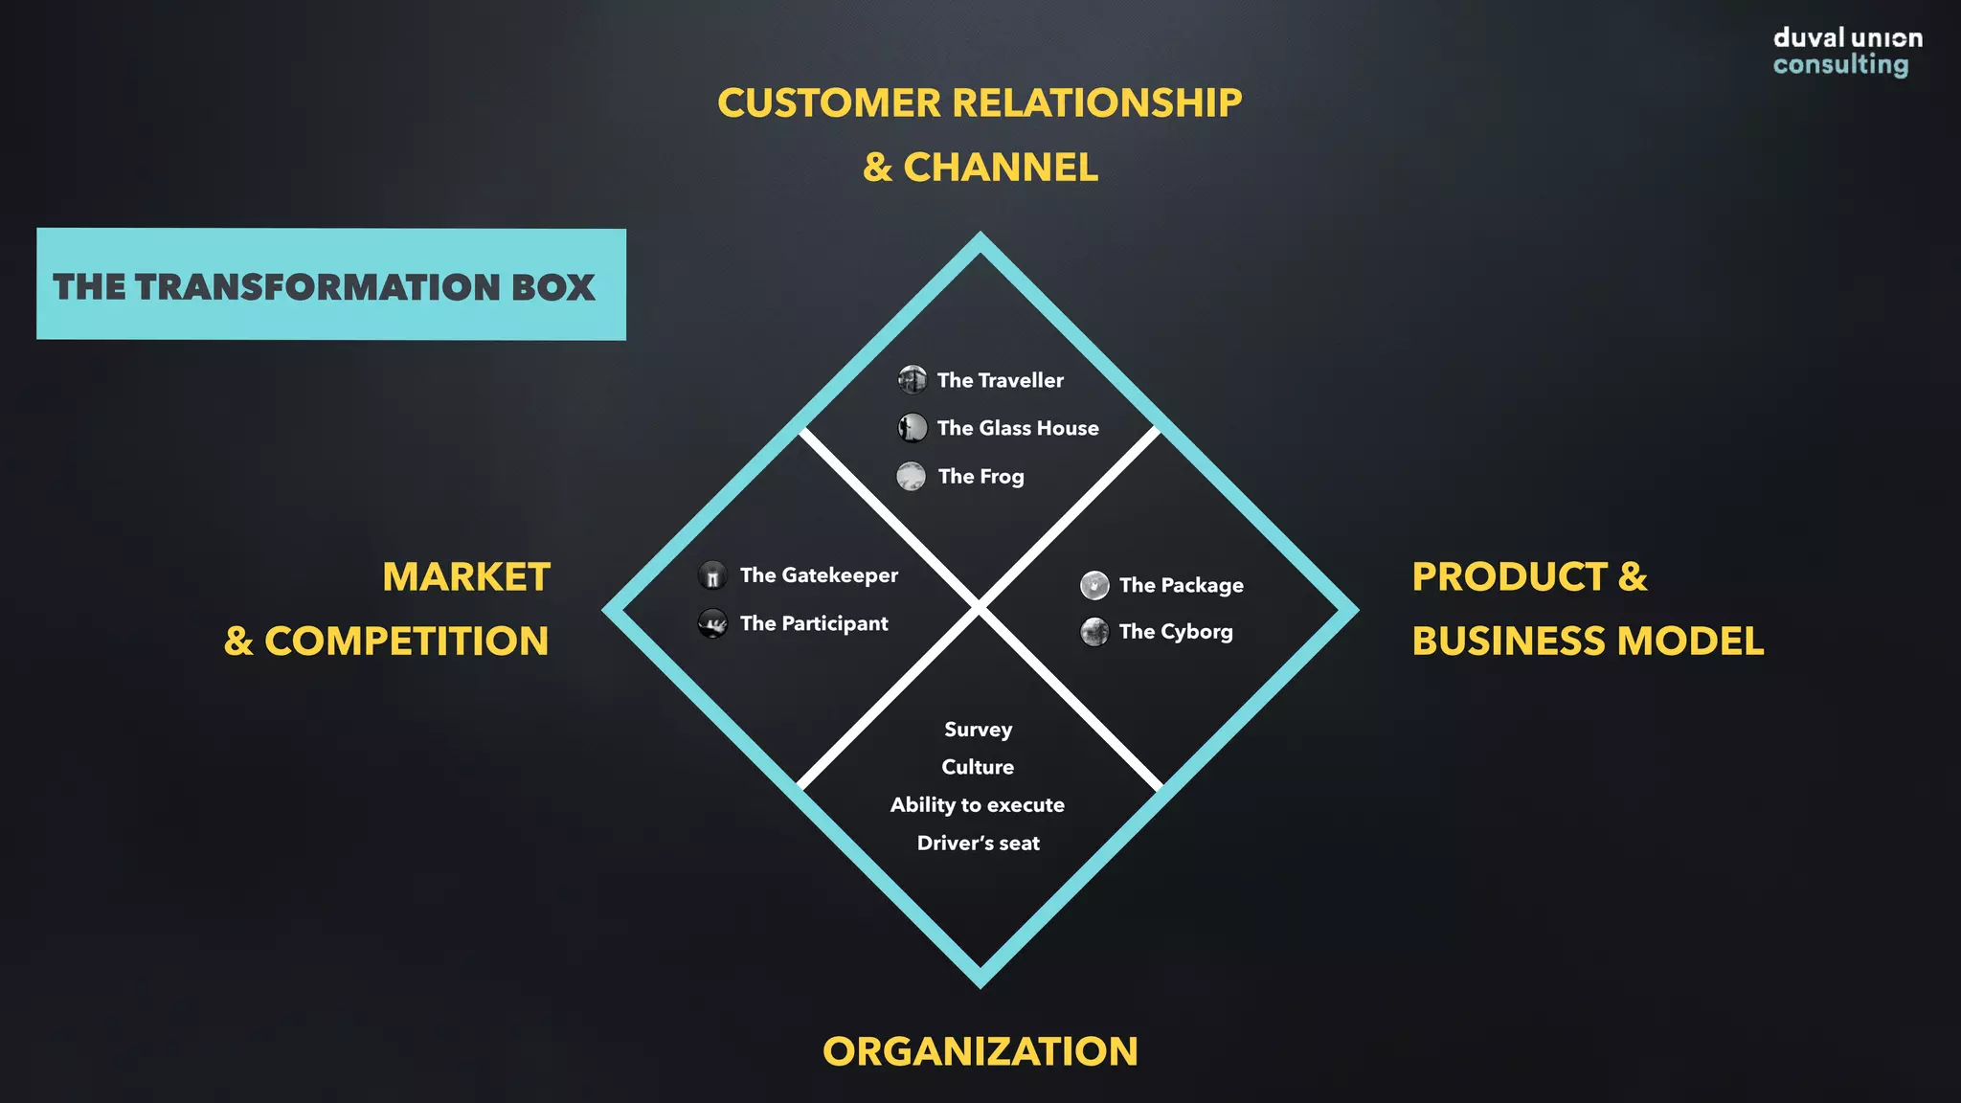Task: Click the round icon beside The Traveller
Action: click(x=912, y=380)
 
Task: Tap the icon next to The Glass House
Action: click(x=912, y=427)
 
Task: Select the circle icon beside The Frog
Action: click(x=911, y=476)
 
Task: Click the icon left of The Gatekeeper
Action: click(x=712, y=575)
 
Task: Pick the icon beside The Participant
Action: click(x=712, y=623)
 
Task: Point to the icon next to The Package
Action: click(x=1094, y=585)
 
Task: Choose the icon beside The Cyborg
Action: click(x=1094, y=632)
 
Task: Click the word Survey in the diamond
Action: click(x=978, y=730)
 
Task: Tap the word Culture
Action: click(x=978, y=767)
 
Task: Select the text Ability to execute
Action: click(x=977, y=805)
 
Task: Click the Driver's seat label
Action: click(x=978, y=844)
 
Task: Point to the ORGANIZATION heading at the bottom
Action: click(x=980, y=1051)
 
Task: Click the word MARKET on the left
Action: click(x=466, y=577)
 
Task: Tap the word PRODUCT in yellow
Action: click(x=1509, y=577)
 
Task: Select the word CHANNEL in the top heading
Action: click(x=1001, y=168)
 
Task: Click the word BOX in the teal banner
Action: click(x=552, y=287)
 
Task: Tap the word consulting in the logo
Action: click(x=1839, y=64)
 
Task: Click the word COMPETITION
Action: click(x=406, y=642)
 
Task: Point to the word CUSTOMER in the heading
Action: click(x=829, y=103)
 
